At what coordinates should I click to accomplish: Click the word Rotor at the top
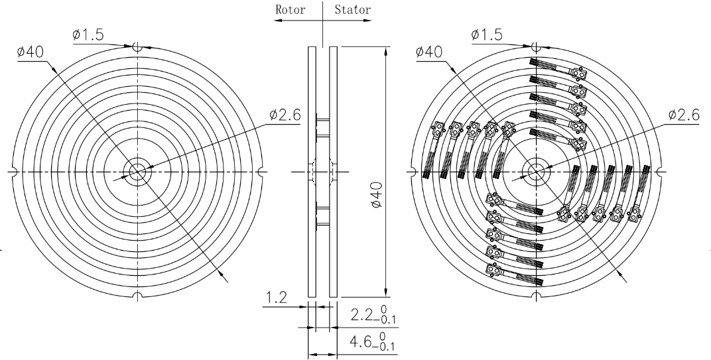pos(291,9)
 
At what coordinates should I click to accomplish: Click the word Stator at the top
pos(353,9)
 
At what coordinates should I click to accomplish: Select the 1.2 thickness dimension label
pos(276,298)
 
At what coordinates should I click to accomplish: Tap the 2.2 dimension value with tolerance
pos(373,315)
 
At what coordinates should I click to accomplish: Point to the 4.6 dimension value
pos(373,342)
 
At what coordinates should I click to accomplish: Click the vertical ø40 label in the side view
pos(376,194)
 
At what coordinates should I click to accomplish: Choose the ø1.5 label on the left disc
pos(88,34)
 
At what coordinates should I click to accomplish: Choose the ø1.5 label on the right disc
pos(487,34)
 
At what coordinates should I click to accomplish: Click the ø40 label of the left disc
pos(31,52)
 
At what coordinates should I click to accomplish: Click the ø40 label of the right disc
pos(429,52)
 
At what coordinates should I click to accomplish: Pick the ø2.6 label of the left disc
pos(285,115)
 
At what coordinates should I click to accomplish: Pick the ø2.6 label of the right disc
pos(684,115)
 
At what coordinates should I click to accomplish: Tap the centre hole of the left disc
pos(137,172)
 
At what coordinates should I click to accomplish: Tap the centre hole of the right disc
pos(536,172)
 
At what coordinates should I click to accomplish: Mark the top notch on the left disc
pos(137,47)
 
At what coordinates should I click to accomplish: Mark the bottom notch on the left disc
pos(137,296)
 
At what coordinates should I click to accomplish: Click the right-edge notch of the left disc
pos(261,172)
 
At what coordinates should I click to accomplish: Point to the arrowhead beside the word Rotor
pos(278,21)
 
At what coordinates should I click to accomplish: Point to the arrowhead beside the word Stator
pos(367,21)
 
